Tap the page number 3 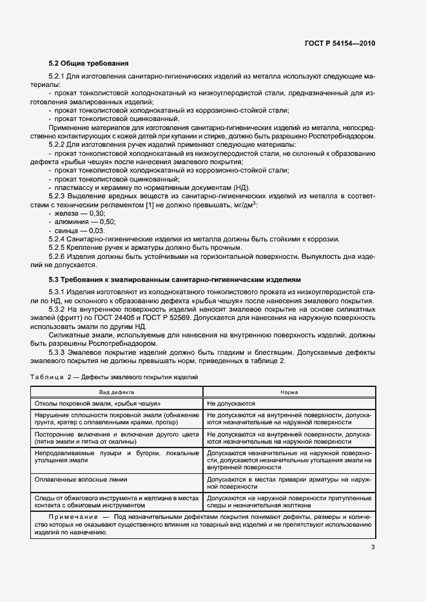(x=373, y=547)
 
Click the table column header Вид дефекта (x=117, y=391)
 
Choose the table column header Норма (x=289, y=391)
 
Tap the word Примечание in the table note (x=70, y=517)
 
